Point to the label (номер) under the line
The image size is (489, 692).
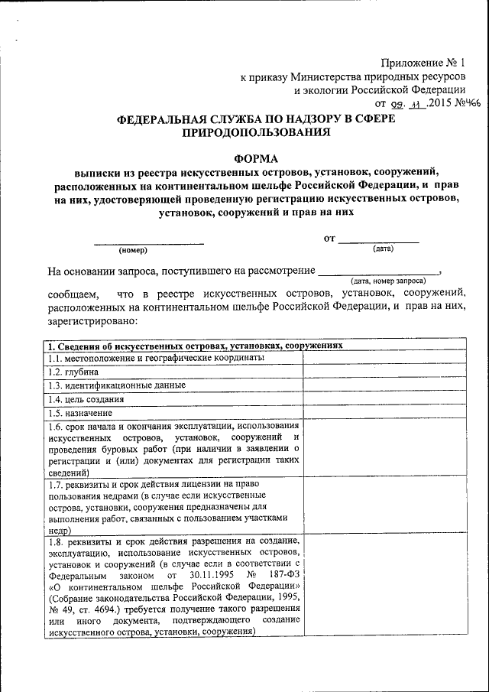(x=132, y=250)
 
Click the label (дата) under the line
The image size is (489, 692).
(x=383, y=249)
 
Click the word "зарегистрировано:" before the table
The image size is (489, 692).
(x=85, y=322)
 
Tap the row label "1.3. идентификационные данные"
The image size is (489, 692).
(x=116, y=385)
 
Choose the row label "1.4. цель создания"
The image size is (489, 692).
(x=86, y=399)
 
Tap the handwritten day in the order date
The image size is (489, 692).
(x=393, y=103)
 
